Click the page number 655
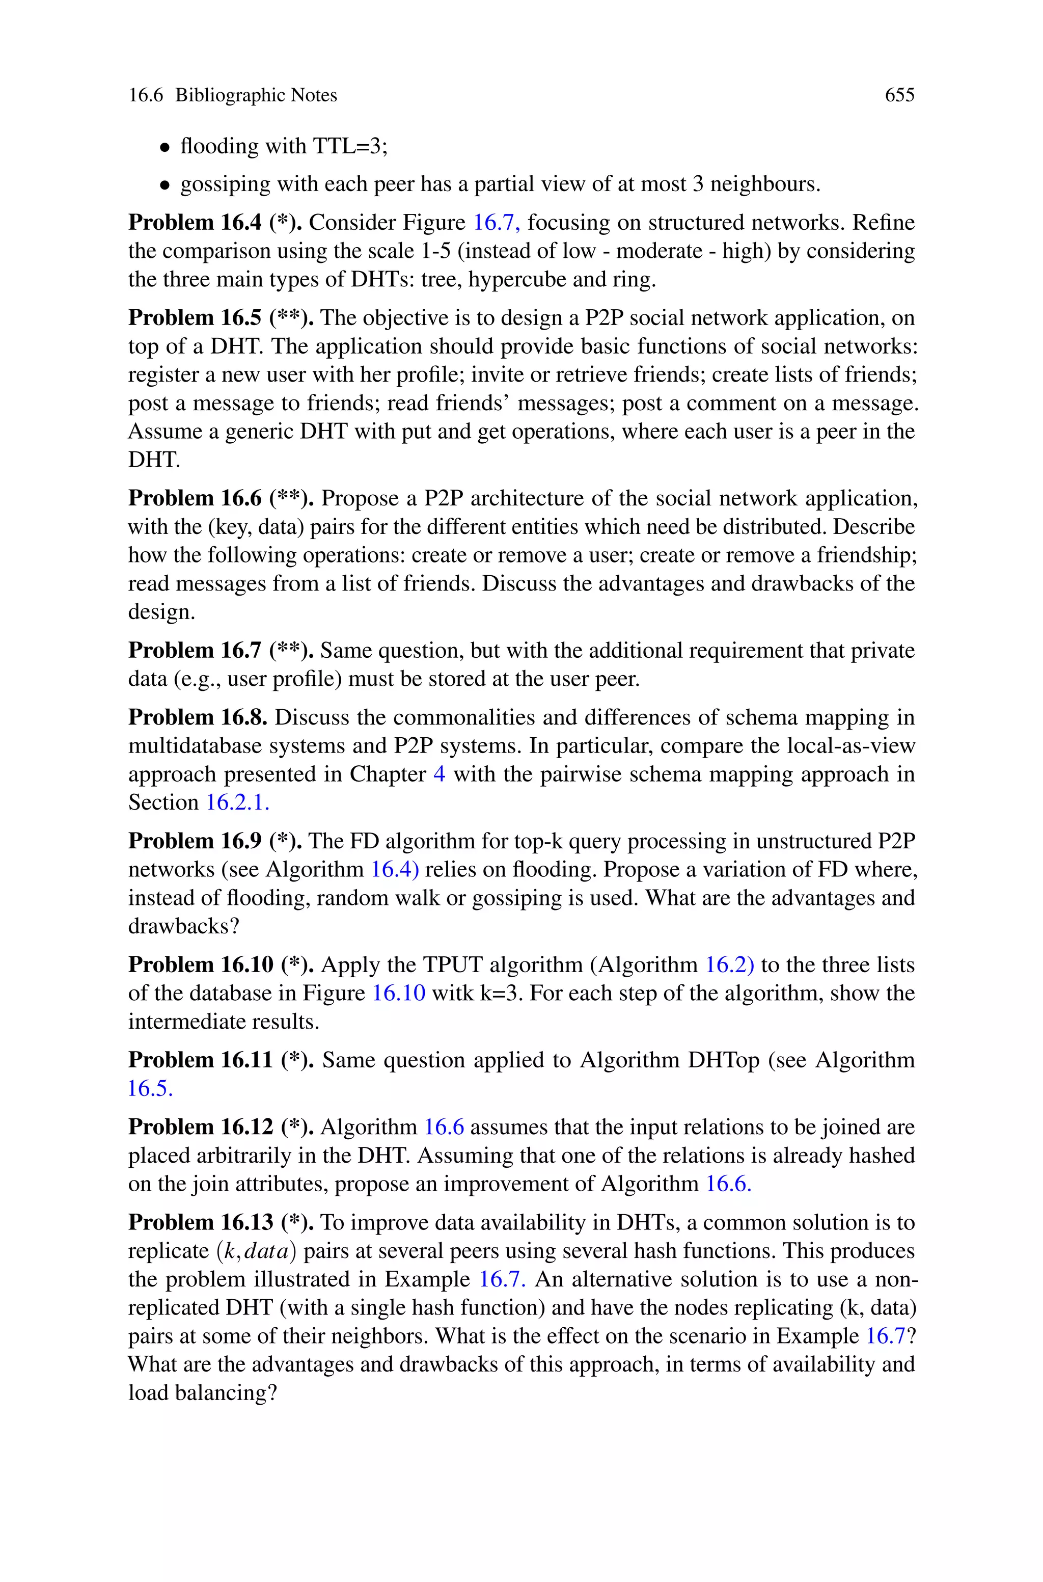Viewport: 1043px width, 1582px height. tap(899, 95)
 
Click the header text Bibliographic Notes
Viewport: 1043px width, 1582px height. tap(256, 95)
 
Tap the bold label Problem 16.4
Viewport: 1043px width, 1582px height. tap(195, 222)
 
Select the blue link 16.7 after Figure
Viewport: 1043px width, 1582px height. tap(496, 222)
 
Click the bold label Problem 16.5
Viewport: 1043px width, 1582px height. tap(195, 317)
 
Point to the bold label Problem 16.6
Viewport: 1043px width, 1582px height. tap(195, 498)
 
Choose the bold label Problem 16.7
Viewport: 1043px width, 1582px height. tap(195, 650)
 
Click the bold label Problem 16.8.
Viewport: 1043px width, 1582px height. tap(198, 717)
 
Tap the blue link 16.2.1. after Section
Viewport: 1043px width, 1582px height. tap(237, 802)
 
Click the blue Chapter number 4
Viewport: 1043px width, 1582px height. tap(439, 774)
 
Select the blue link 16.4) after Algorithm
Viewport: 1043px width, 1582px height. tap(395, 870)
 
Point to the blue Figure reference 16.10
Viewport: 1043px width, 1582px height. tap(398, 993)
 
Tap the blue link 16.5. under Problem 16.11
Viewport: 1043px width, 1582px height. tap(150, 1088)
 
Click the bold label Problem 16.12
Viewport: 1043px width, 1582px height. tap(201, 1127)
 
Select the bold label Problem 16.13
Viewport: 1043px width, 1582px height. tap(201, 1222)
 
